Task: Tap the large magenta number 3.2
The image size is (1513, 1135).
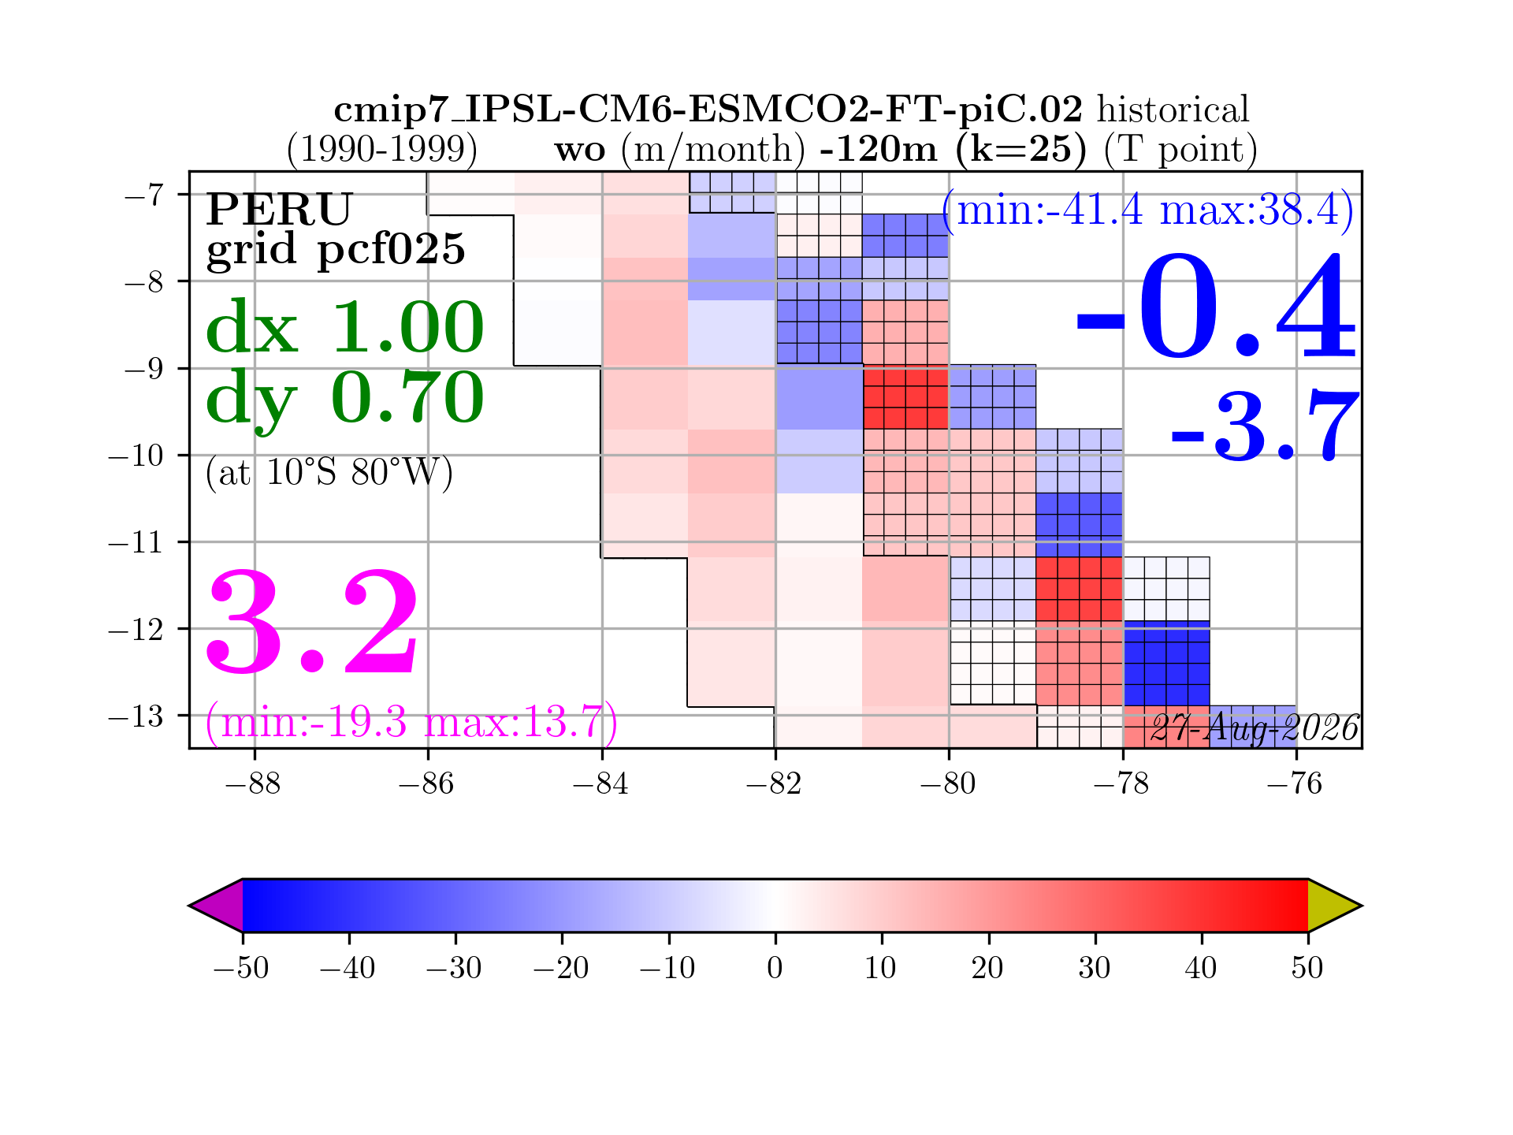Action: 313,622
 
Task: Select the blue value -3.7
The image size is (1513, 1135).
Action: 1266,426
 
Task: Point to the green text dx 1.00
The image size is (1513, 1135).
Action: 345,326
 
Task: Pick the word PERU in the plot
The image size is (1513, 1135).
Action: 279,209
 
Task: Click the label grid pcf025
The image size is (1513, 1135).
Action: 336,250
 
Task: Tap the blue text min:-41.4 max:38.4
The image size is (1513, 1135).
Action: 1148,210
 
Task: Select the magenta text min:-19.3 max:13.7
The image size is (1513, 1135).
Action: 411,722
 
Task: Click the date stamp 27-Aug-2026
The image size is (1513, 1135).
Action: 1255,728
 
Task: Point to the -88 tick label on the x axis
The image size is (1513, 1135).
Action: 253,784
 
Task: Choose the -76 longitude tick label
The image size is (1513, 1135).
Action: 1296,784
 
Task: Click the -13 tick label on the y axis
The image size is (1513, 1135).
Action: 136,716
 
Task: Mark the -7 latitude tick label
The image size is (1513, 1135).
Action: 144,194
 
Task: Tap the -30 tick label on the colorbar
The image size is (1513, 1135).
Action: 455,967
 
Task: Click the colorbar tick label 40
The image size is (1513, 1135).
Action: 1202,967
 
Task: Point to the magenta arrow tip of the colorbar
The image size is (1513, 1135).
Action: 189,906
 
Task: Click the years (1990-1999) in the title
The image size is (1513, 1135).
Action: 382,149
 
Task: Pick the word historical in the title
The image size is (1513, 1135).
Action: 1173,110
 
